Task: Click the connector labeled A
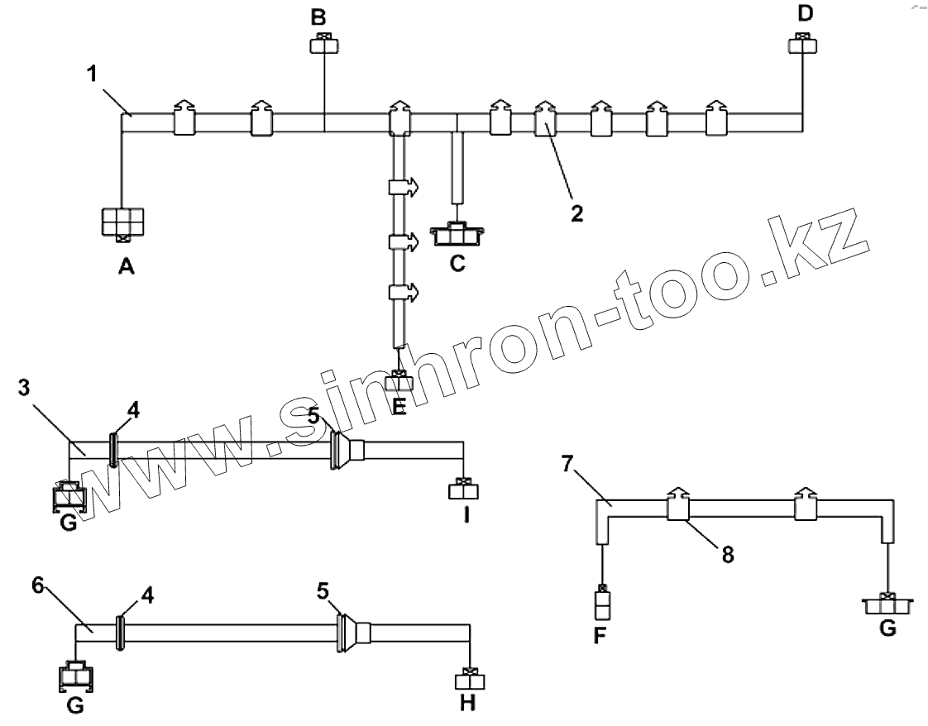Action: click(122, 224)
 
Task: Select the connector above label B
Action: click(323, 44)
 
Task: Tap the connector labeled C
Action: click(457, 235)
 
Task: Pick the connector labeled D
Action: click(802, 43)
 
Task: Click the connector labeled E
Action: click(399, 383)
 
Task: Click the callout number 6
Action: click(37, 584)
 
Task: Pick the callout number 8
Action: click(727, 555)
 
